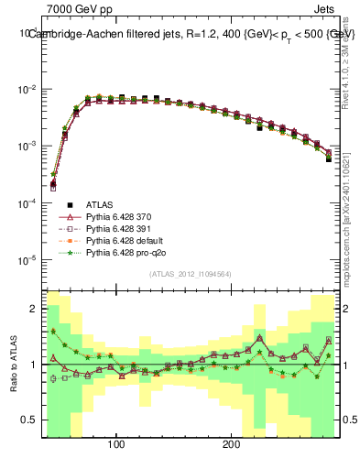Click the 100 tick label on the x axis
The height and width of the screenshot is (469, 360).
click(x=116, y=446)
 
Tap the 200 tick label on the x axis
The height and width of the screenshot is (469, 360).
click(x=232, y=446)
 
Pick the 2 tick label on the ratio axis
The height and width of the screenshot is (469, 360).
click(x=35, y=309)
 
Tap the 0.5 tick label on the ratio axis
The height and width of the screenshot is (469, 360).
click(x=31, y=420)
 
